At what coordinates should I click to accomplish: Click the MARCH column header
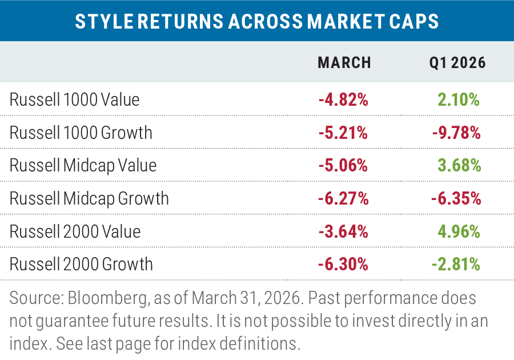(344, 63)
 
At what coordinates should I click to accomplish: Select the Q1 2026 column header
(457, 63)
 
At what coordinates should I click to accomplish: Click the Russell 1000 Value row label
(74, 100)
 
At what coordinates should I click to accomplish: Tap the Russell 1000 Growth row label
(81, 133)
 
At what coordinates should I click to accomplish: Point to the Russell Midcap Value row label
(83, 166)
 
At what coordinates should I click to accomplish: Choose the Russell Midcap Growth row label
(90, 199)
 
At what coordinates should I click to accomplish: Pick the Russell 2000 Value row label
(75, 231)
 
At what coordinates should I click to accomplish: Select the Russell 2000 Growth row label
(82, 265)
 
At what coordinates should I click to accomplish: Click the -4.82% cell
(343, 100)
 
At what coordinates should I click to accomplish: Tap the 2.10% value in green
(459, 100)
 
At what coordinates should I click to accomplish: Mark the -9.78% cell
(457, 133)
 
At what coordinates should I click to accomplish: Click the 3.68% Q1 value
(459, 166)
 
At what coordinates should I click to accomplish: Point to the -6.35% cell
(457, 199)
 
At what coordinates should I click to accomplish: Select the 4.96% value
(459, 231)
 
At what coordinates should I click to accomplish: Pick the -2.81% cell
(457, 265)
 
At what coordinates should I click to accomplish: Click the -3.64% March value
(343, 231)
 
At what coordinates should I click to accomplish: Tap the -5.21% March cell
(343, 133)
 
